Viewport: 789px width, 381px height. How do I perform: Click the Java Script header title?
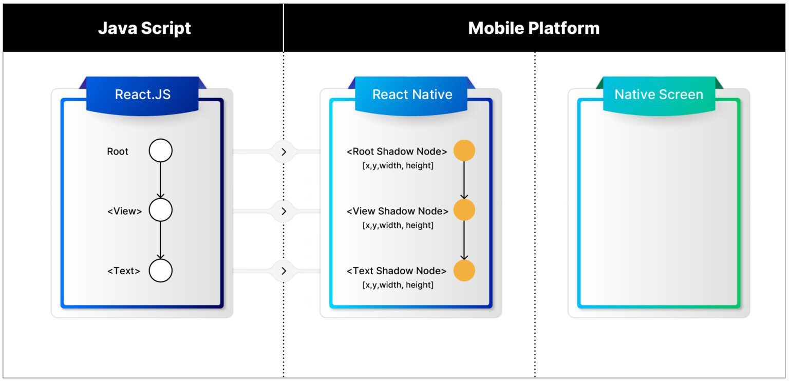pos(144,28)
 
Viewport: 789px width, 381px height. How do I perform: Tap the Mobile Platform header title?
pos(534,28)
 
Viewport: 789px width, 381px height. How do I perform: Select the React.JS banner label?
pos(142,94)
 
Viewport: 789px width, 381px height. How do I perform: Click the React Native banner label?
pos(412,94)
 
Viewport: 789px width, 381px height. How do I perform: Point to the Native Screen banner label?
pos(659,94)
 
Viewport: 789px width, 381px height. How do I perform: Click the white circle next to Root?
pos(161,151)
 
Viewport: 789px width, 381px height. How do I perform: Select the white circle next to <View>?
pos(161,211)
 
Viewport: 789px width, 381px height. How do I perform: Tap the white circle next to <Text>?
pos(161,271)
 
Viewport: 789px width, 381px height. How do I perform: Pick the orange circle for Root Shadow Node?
pos(464,151)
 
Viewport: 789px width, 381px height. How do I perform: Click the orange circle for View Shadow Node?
pos(464,211)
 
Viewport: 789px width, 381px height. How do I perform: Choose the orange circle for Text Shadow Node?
pos(464,271)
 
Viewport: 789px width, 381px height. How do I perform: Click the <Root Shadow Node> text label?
pos(397,151)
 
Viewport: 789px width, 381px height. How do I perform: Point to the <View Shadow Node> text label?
pos(397,211)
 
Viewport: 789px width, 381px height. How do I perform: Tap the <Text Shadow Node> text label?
pos(397,271)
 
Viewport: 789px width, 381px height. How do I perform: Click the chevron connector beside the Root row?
pos(284,151)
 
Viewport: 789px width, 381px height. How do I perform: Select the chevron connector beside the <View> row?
pos(284,211)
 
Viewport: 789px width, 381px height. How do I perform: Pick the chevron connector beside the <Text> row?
pos(284,271)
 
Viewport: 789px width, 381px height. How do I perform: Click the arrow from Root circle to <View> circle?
pos(161,180)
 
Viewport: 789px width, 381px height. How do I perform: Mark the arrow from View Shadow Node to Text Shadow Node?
pos(464,240)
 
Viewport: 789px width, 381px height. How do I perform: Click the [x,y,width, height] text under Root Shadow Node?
pos(398,165)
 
